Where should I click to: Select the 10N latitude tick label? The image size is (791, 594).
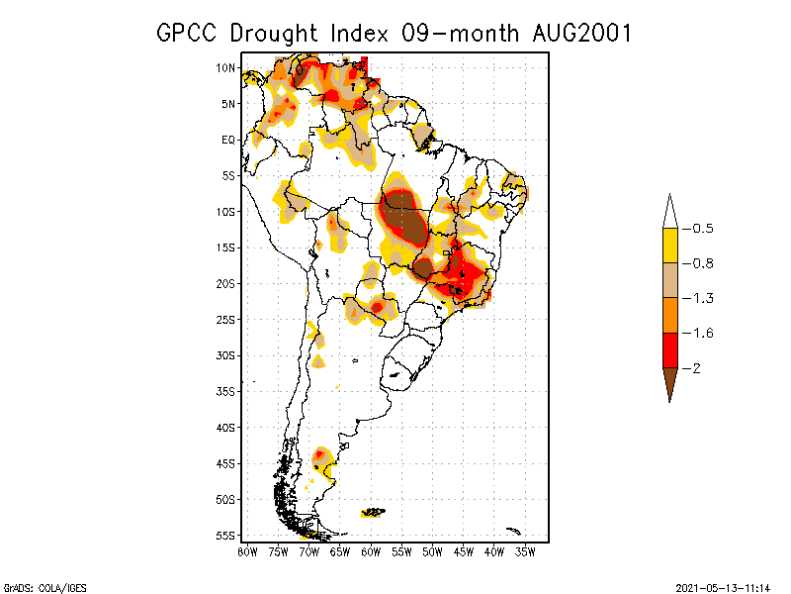pyautogui.click(x=225, y=67)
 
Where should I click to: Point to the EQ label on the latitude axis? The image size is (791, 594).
pyautogui.click(x=227, y=140)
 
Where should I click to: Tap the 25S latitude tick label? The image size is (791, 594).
pyautogui.click(x=225, y=319)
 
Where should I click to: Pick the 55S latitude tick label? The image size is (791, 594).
pyautogui.click(x=225, y=535)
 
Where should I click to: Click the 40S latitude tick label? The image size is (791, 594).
pyautogui.click(x=225, y=427)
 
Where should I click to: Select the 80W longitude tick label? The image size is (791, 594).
pyautogui.click(x=248, y=551)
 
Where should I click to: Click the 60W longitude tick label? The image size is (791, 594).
pyautogui.click(x=371, y=551)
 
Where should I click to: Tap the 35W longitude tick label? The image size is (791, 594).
pyautogui.click(x=525, y=551)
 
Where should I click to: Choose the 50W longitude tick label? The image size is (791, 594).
pyautogui.click(x=432, y=551)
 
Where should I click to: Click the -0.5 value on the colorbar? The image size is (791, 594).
pyautogui.click(x=703, y=229)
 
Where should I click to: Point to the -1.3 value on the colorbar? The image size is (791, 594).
pyautogui.click(x=703, y=298)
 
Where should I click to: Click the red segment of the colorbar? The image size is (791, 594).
pyautogui.click(x=669, y=349)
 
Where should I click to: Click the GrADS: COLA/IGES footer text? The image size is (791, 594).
pyautogui.click(x=40, y=586)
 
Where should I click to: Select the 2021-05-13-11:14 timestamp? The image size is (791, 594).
pyautogui.click(x=722, y=586)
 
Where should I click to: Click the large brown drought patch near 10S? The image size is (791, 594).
pyautogui.click(x=405, y=223)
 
